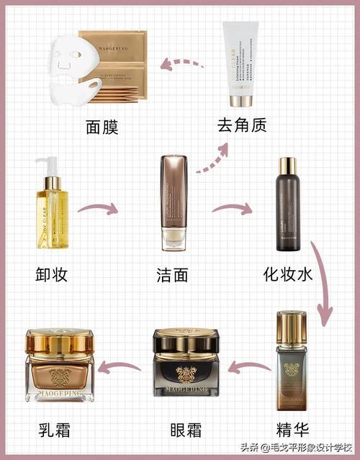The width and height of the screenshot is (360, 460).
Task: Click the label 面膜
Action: coord(101,127)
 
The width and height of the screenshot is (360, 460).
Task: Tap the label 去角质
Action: coord(241,125)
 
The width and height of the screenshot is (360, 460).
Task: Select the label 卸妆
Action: coord(55,274)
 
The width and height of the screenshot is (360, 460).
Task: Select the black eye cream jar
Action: coord(186,367)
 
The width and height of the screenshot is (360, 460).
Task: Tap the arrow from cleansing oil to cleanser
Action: coord(98,209)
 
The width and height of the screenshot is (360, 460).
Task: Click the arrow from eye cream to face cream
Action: coord(120,369)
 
